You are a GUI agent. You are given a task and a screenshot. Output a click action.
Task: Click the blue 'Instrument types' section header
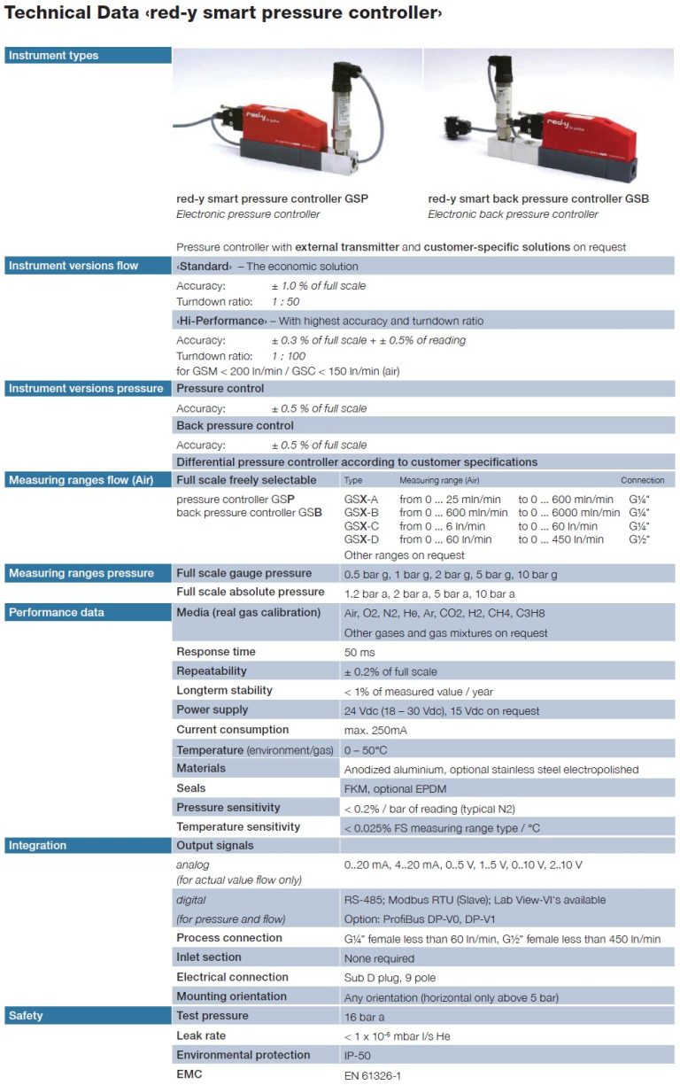coord(53,56)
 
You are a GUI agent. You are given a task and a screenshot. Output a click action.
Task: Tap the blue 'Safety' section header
coord(27,1016)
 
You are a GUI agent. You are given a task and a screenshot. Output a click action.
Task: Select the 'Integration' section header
coord(37,846)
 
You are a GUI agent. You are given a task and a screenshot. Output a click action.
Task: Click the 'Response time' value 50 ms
coord(359,653)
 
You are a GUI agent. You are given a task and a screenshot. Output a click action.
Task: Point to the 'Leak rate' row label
coord(201,1035)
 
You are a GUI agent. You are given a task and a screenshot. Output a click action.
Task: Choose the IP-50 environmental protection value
coord(359,1056)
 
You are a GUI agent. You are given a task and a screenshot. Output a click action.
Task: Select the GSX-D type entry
coord(361,539)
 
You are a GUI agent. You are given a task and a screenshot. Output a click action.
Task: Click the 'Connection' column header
coord(642,480)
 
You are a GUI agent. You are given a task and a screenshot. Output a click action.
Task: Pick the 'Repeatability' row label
coord(212,671)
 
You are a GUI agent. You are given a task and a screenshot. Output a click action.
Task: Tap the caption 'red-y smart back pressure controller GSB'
coord(538,199)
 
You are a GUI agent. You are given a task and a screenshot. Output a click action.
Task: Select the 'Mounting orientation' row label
coord(231,996)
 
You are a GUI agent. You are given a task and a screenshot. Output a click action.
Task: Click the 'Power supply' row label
coord(212,709)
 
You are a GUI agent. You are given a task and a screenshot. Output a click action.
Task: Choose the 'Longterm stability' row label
coord(224,691)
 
